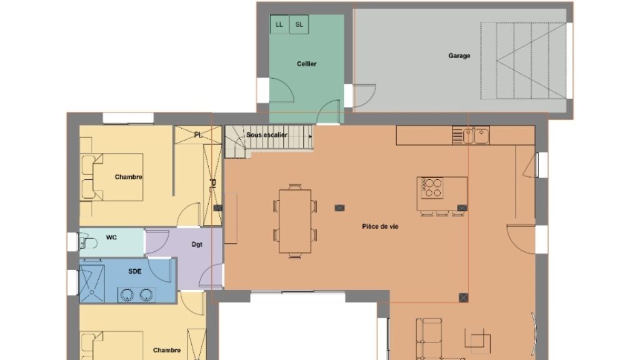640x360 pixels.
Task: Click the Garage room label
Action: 459,56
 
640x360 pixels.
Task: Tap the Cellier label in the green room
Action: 306,64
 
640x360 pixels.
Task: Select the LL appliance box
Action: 279,24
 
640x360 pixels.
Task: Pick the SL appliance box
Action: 299,24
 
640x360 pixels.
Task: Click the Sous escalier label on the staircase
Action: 266,135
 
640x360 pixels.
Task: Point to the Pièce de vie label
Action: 380,226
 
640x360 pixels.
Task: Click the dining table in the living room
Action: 295,221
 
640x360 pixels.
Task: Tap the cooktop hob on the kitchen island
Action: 432,188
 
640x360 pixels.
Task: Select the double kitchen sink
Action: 476,136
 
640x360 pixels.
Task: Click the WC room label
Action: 111,237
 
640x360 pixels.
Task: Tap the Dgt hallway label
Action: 197,244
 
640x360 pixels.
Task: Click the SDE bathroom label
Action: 135,271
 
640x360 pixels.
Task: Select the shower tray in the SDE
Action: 92,283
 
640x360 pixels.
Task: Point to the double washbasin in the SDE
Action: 137,295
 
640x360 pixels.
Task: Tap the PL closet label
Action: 198,135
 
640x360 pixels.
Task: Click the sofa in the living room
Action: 429,339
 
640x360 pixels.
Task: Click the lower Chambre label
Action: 166,350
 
